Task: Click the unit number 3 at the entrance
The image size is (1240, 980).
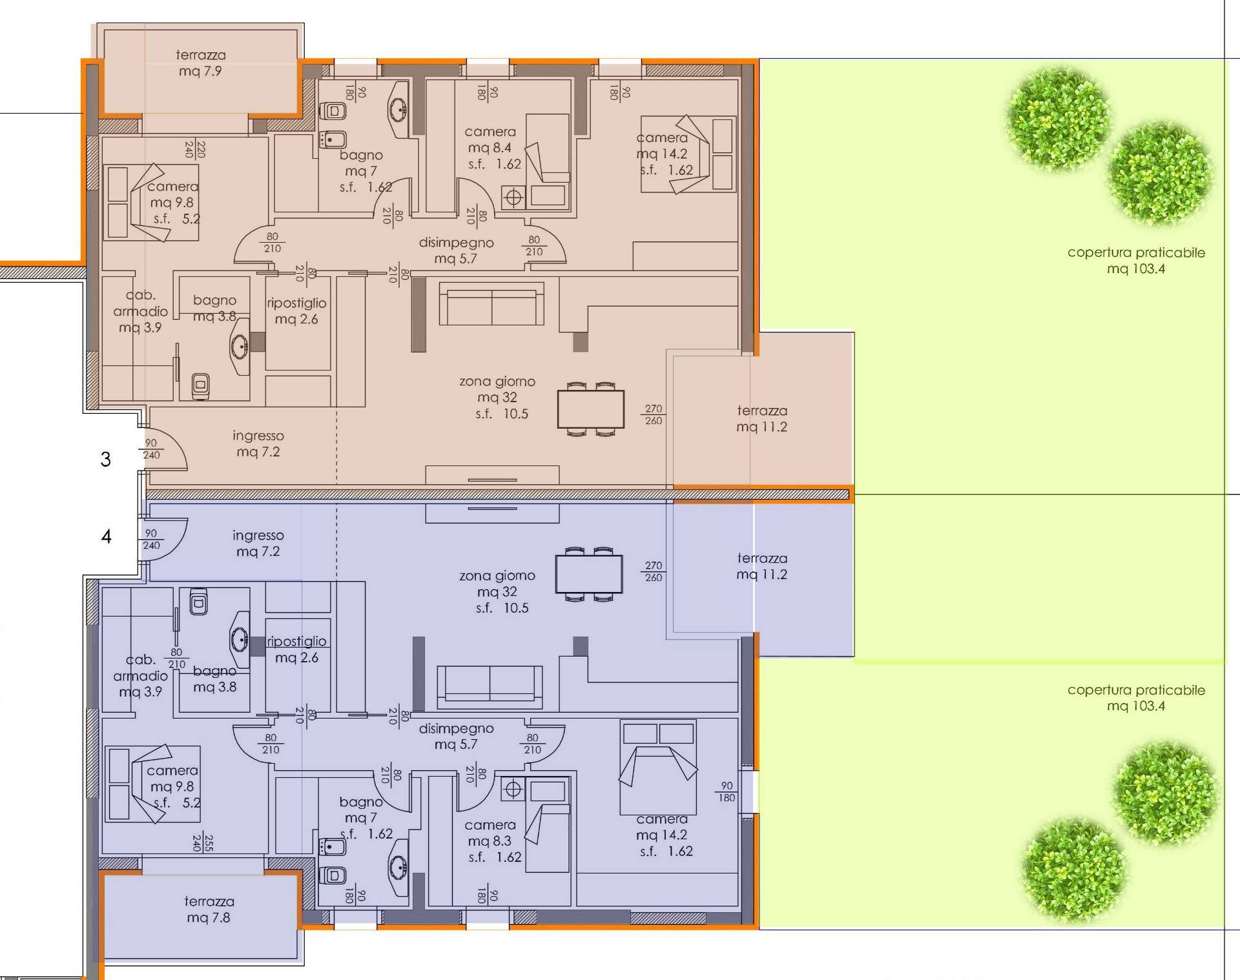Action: click(x=105, y=459)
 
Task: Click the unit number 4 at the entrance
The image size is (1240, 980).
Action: click(x=106, y=536)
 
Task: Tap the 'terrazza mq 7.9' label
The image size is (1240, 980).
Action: click(x=200, y=63)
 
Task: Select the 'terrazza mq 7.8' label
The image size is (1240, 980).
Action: click(x=209, y=909)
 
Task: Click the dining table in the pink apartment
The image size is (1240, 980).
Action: click(x=591, y=409)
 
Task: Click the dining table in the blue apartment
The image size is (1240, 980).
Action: click(x=589, y=574)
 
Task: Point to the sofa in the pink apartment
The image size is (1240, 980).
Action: click(x=491, y=303)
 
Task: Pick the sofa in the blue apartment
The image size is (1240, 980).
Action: click(x=490, y=687)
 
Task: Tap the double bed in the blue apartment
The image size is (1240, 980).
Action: click(x=658, y=767)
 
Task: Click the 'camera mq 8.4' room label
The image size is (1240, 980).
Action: click(x=491, y=148)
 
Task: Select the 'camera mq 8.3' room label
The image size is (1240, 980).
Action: click(x=493, y=841)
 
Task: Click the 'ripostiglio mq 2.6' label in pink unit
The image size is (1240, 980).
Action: click(x=296, y=311)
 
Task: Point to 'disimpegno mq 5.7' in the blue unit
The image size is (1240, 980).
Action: click(x=456, y=736)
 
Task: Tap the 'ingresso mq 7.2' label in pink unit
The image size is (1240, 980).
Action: click(x=258, y=444)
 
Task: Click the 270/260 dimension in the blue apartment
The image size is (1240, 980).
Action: click(x=653, y=571)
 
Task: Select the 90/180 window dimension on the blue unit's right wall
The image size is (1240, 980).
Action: click(x=727, y=791)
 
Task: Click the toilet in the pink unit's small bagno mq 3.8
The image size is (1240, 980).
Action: click(x=200, y=385)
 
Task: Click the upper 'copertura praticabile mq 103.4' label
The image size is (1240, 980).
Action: click(x=1136, y=260)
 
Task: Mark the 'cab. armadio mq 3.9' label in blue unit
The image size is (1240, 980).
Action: click(x=140, y=675)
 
